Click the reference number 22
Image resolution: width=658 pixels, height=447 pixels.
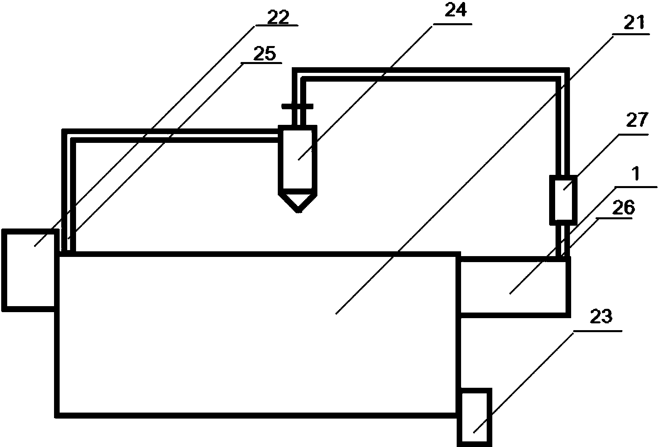pyautogui.click(x=278, y=17)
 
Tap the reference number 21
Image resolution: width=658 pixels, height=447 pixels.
pyautogui.click(x=634, y=22)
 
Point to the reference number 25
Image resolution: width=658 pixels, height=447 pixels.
pyautogui.click(x=265, y=54)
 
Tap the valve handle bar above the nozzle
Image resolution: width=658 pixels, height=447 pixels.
pyautogui.click(x=297, y=106)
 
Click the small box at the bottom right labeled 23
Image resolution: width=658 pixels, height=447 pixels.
pyautogui.click(x=474, y=417)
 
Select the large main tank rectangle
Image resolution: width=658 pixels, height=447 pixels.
pyautogui.click(x=257, y=335)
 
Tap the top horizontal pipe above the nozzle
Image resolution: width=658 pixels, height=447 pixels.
pyautogui.click(x=431, y=74)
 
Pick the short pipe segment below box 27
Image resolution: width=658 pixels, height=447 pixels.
pyautogui.click(x=563, y=241)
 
